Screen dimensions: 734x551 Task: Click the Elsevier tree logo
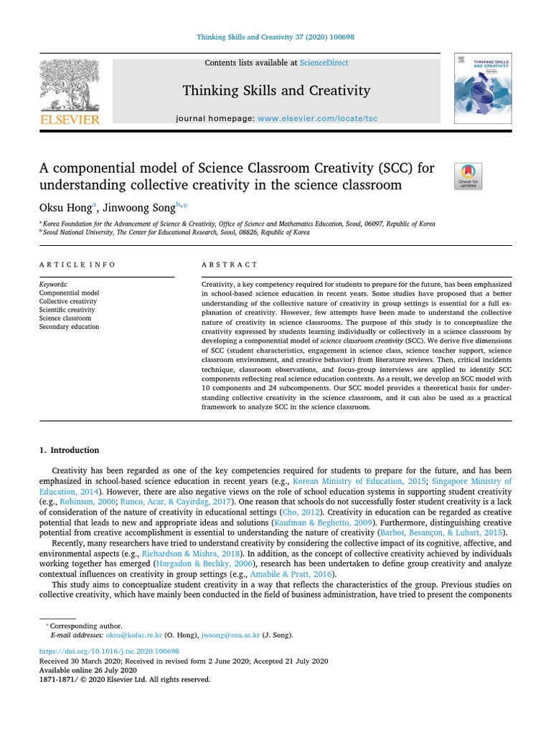pyautogui.click(x=70, y=86)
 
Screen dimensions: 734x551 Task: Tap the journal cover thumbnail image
pyautogui.click(x=483, y=87)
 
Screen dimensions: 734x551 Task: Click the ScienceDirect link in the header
pyautogui.click(x=324, y=63)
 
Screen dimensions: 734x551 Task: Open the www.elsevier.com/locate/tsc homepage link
pyautogui.click(x=317, y=118)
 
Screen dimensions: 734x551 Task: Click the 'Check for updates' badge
pyautogui.click(x=468, y=176)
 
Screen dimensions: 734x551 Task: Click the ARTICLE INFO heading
pyautogui.click(x=77, y=264)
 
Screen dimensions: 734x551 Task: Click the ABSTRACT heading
pyautogui.click(x=229, y=264)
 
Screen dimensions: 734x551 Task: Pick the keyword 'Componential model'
pyautogui.click(x=69, y=293)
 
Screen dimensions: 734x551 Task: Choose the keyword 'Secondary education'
pyautogui.click(x=69, y=327)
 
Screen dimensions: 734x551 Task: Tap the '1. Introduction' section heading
pyautogui.click(x=69, y=450)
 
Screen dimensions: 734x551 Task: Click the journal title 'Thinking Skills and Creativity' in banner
pyautogui.click(x=276, y=90)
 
